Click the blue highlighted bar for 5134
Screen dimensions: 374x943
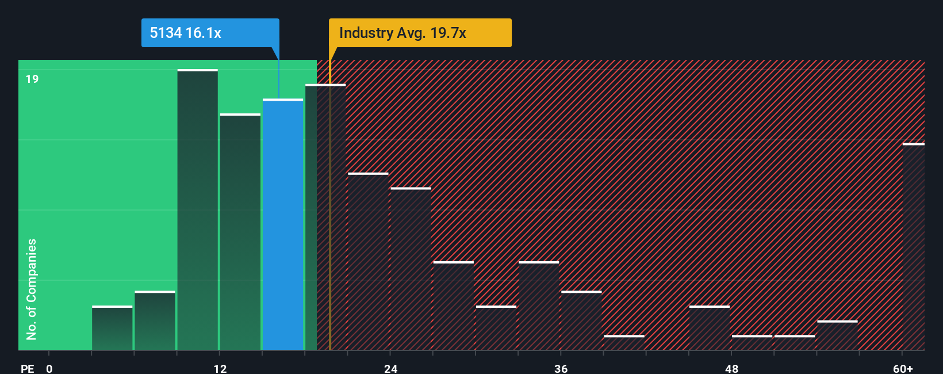click(x=283, y=224)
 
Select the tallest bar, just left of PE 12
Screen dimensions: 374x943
click(x=197, y=210)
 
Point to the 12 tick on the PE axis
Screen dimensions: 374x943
click(x=220, y=368)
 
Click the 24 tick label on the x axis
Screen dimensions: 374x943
click(x=390, y=368)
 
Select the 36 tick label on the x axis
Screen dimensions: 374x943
click(x=561, y=368)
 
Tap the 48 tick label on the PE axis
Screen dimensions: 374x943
click(x=731, y=368)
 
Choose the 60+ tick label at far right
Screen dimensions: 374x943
click(x=903, y=368)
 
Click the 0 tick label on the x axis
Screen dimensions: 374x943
click(x=49, y=368)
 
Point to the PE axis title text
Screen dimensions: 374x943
click(x=27, y=368)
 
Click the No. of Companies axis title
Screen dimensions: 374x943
click(x=32, y=289)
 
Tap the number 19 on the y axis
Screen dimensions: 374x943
click(x=32, y=79)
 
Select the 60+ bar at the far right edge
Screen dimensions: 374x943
click(x=913, y=247)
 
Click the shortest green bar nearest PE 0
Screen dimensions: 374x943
click(x=112, y=328)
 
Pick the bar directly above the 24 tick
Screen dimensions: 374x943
click(x=411, y=269)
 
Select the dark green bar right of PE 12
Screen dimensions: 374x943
click(x=240, y=232)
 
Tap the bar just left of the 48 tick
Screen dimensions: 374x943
click(x=710, y=328)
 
